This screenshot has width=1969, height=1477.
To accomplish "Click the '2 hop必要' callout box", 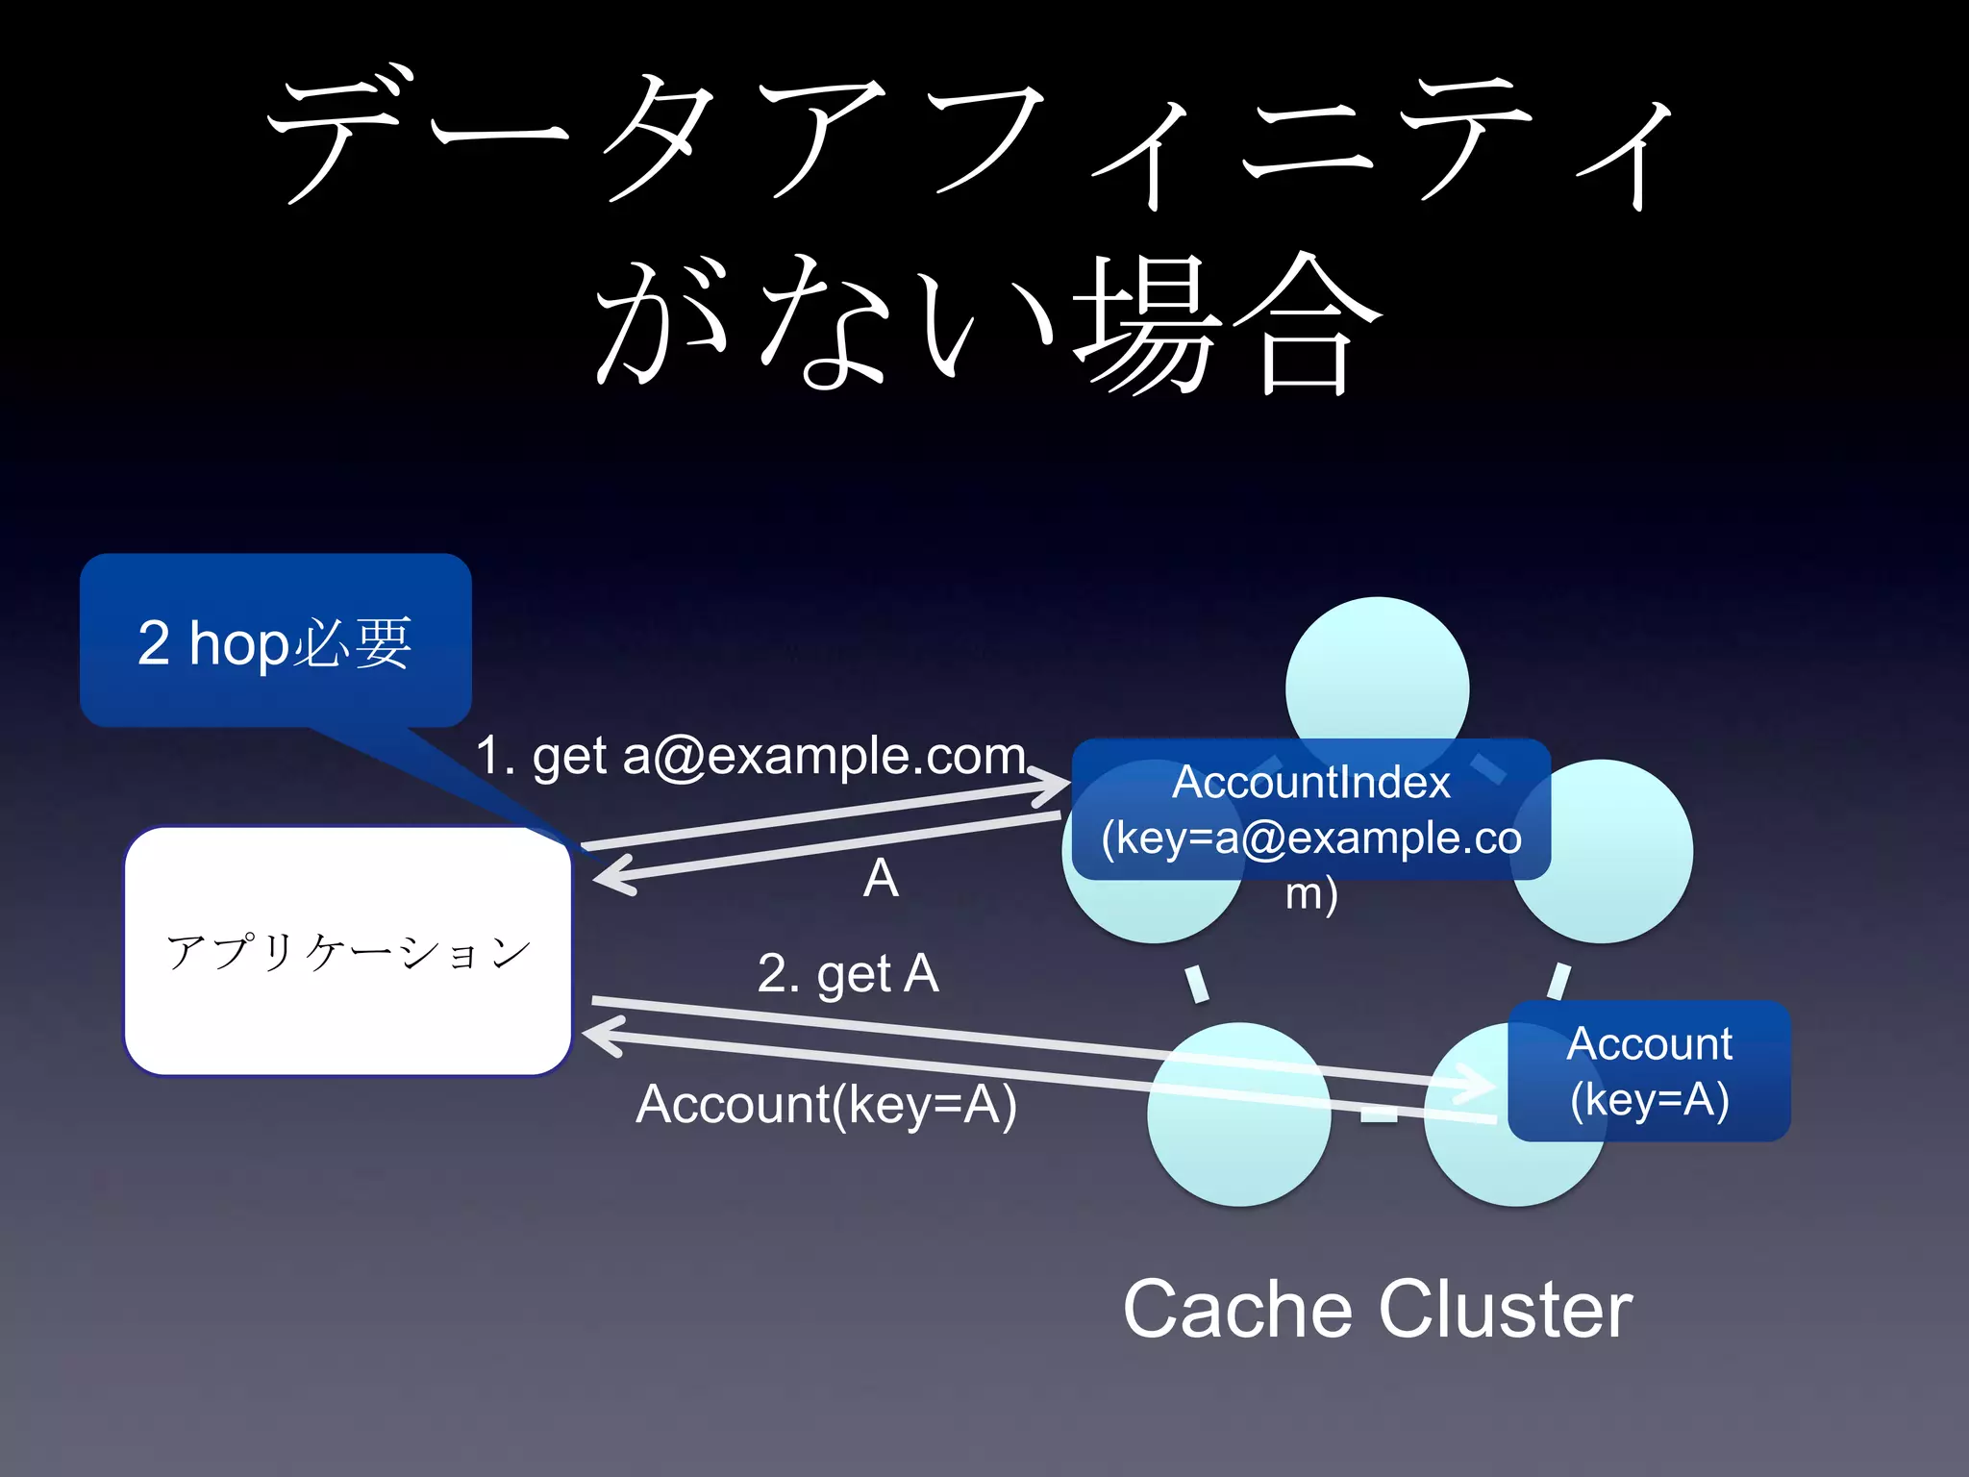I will [x=275, y=641].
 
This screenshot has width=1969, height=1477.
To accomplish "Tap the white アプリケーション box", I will [x=348, y=951].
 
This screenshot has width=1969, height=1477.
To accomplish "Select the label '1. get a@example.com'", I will [x=751, y=756].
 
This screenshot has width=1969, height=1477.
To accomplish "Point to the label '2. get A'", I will [x=847, y=973].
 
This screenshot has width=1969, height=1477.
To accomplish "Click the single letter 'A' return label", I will [x=881, y=878].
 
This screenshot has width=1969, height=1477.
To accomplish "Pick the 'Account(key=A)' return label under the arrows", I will [x=826, y=1104].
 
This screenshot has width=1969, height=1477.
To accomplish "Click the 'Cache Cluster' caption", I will [x=1377, y=1310].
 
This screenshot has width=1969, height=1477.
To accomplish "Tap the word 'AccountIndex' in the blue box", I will [x=1310, y=782].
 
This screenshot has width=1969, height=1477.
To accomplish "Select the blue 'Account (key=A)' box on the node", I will [x=1649, y=1070].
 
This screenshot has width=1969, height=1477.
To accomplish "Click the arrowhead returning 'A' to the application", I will [x=610, y=876].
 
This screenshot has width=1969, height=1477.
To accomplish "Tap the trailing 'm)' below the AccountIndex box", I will [x=1311, y=894].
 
